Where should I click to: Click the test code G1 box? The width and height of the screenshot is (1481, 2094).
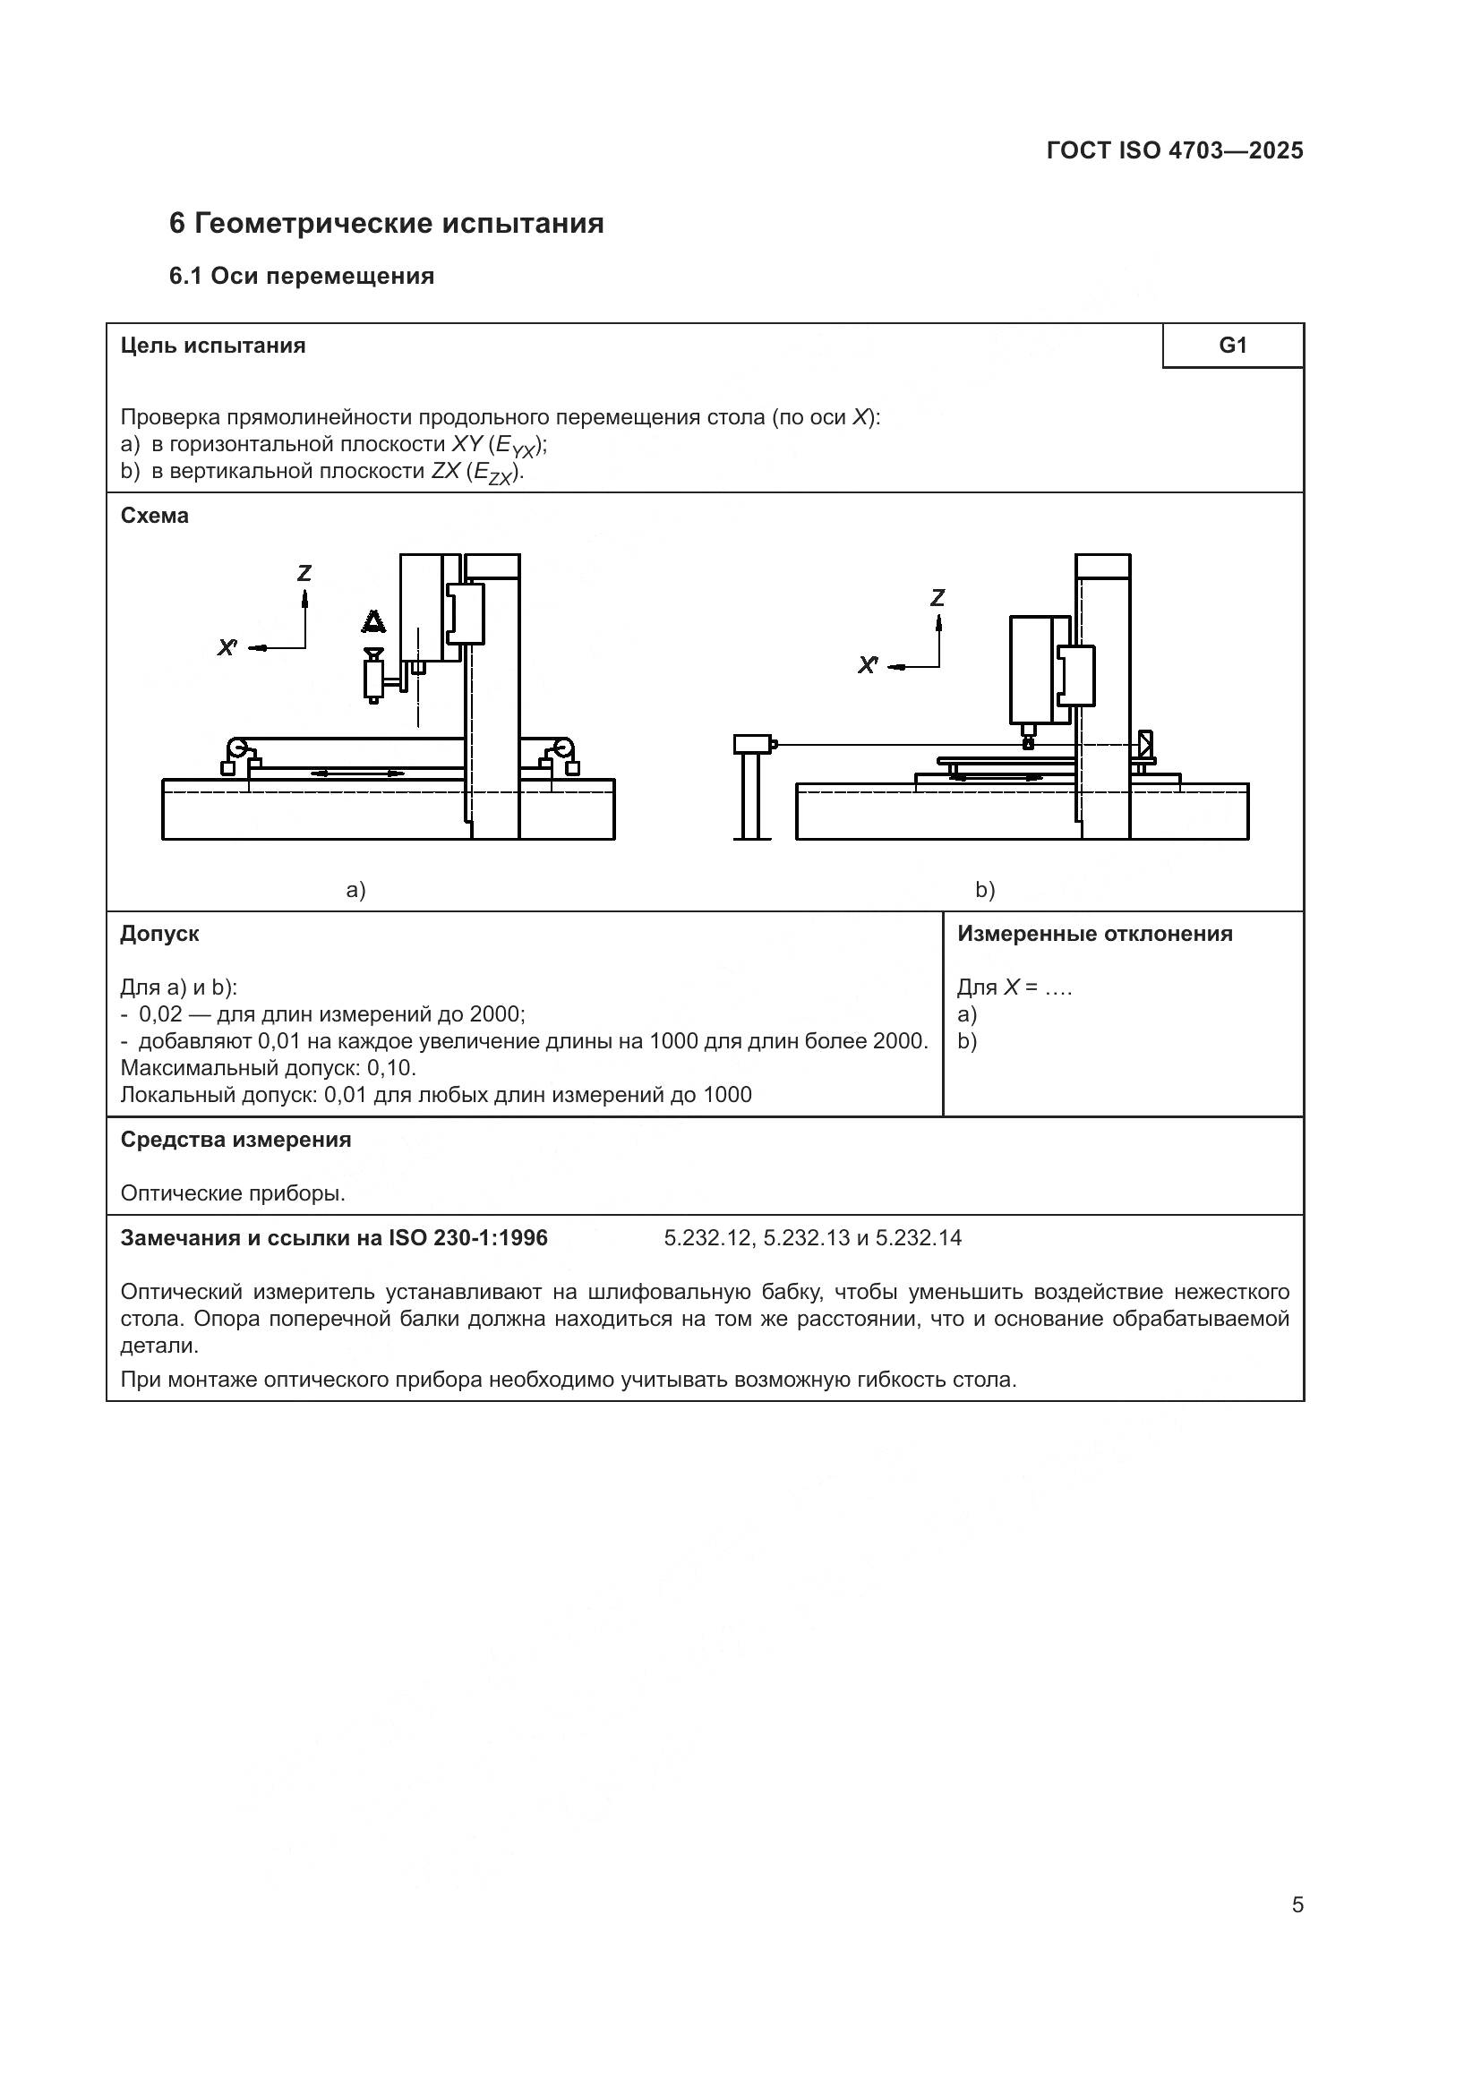[x=1232, y=346]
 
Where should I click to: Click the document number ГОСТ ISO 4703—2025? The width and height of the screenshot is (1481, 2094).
[x=1175, y=151]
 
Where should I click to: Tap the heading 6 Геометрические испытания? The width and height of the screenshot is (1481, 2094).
[x=386, y=224]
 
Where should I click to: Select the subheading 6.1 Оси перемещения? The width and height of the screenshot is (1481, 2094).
[x=301, y=276]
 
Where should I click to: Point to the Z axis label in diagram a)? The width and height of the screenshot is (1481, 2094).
[x=304, y=574]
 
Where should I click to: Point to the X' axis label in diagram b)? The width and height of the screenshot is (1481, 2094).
[x=868, y=666]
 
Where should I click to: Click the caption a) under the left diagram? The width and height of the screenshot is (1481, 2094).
[x=355, y=889]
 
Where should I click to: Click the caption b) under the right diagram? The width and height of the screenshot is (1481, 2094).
[x=985, y=889]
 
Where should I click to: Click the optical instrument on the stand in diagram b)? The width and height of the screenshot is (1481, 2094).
[x=753, y=744]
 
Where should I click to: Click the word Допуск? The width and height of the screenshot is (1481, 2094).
[x=159, y=934]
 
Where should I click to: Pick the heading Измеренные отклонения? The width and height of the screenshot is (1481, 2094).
[x=1094, y=934]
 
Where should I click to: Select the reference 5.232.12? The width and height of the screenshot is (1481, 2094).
[x=706, y=1238]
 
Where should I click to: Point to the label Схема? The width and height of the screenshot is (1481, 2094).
[x=154, y=517]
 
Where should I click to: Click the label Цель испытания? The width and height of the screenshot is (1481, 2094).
[x=212, y=346]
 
